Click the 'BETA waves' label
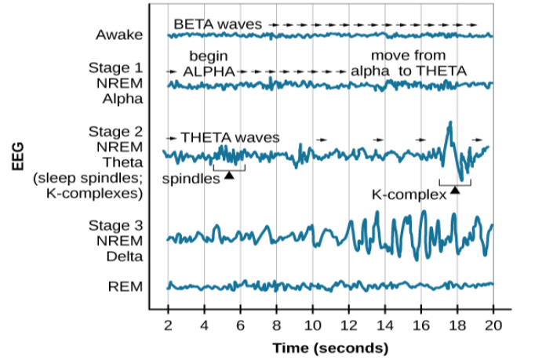click(x=217, y=25)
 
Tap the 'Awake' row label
click(x=119, y=35)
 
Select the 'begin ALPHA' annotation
click(x=209, y=64)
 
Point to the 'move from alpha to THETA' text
click(x=408, y=64)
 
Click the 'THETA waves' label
click(x=229, y=137)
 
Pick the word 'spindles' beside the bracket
click(x=191, y=179)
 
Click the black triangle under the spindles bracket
click(x=229, y=176)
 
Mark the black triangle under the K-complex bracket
click(x=455, y=191)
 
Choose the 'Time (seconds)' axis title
click(x=330, y=347)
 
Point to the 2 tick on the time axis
click(x=168, y=325)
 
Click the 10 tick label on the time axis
click(x=312, y=325)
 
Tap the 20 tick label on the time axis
click(x=493, y=325)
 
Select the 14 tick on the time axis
click(x=384, y=325)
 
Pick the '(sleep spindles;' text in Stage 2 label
click(x=87, y=177)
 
